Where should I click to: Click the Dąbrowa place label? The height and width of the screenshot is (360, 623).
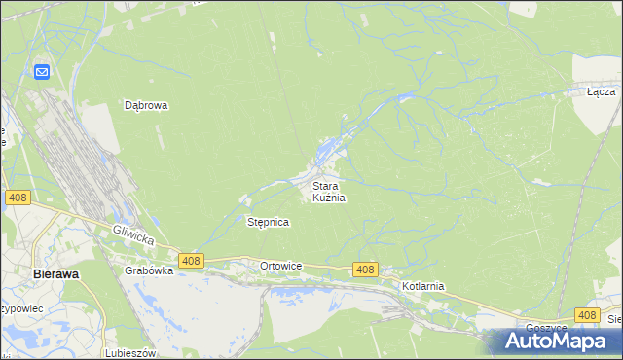[147, 105]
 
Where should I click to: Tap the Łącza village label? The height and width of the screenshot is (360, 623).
[601, 92]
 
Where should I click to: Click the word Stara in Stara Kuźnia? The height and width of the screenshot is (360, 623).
[325, 185]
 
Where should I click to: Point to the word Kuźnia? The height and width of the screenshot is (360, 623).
[329, 198]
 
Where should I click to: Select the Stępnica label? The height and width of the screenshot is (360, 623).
[269, 222]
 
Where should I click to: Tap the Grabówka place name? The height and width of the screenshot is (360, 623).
[149, 271]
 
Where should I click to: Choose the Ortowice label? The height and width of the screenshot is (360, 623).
[281, 266]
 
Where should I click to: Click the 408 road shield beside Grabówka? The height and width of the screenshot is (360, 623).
[191, 260]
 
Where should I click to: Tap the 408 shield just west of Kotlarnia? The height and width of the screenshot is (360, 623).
[365, 270]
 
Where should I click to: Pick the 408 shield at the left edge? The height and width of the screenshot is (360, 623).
[17, 198]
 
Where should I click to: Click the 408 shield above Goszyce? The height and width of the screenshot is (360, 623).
[586, 314]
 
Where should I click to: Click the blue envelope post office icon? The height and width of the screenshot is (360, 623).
[42, 72]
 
